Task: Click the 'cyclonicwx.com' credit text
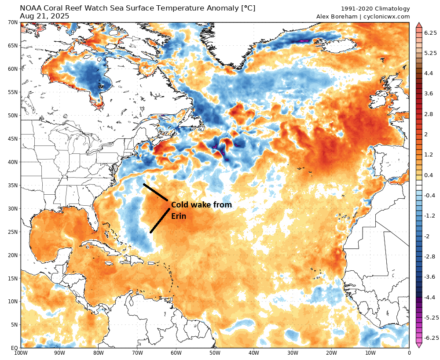[386, 17]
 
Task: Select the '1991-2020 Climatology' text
[375, 9]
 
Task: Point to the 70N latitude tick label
[12, 22]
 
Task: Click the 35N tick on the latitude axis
[12, 185]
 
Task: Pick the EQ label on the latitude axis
[14, 348]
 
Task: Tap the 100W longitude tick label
[21, 353]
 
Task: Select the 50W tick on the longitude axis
[215, 353]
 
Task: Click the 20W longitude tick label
[331, 353]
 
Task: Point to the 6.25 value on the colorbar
[429, 33]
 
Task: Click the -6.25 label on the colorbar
[429, 338]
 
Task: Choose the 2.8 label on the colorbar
[429, 114]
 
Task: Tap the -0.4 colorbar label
[429, 195]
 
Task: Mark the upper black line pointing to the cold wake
[155, 192]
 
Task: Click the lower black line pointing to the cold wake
[160, 221]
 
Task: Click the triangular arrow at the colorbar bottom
[419, 345]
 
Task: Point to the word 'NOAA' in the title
[31, 8]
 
